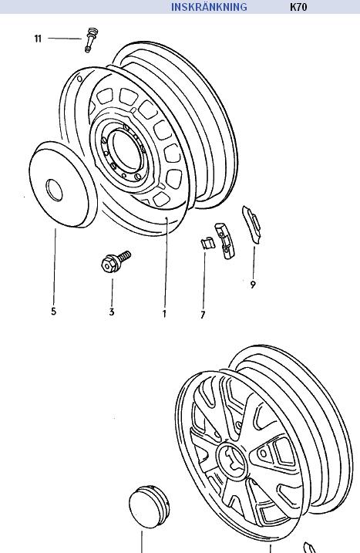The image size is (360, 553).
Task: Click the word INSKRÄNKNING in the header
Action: (209, 7)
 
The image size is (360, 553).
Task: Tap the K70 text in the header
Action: (298, 7)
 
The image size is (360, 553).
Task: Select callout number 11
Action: (38, 39)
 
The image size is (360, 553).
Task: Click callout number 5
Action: (54, 312)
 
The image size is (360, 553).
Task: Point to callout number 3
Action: (112, 312)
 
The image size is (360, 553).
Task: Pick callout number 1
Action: (164, 314)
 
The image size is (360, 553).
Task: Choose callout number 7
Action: (203, 315)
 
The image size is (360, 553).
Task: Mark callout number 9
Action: (253, 285)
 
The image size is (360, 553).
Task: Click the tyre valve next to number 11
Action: (91, 39)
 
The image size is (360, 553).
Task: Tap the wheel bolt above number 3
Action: (116, 261)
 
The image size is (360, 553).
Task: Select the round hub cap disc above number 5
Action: (63, 184)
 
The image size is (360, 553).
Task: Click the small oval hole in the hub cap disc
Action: (54, 190)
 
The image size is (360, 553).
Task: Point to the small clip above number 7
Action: (207, 243)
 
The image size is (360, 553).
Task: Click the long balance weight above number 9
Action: (252, 224)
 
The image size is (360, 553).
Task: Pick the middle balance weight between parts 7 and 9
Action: (225, 240)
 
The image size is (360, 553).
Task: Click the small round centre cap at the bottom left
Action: (149, 507)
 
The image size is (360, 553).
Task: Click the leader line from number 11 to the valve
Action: (65, 38)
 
